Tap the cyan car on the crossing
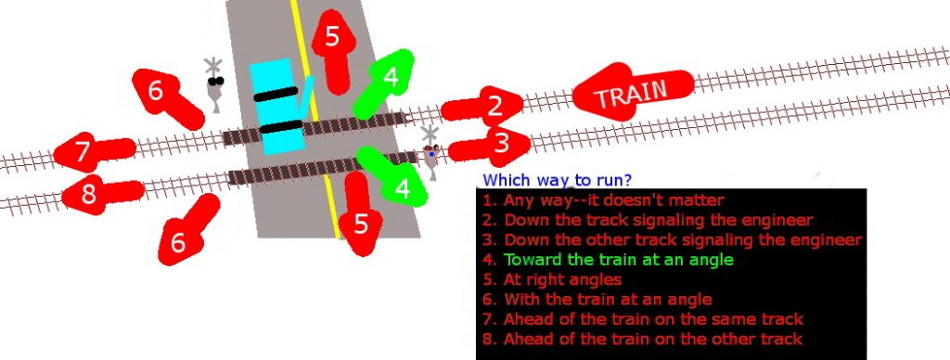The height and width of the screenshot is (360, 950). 278,107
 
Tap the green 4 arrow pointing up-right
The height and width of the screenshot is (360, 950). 386,84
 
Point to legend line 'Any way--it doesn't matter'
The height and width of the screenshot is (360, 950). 602,200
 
